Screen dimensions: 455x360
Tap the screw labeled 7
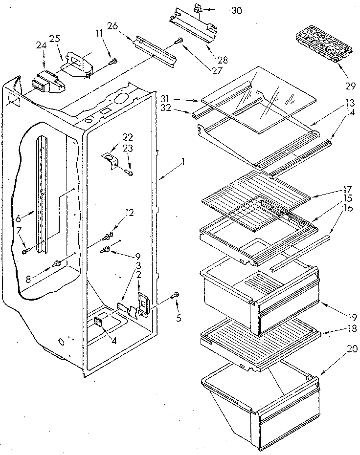25,251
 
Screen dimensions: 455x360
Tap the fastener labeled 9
105,251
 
